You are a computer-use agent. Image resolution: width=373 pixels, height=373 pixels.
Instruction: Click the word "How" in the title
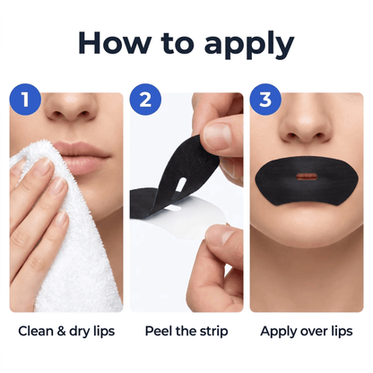tap(115, 43)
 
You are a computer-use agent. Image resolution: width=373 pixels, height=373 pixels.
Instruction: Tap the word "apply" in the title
tap(249, 45)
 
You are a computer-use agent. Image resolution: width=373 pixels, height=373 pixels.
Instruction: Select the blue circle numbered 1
tap(25, 100)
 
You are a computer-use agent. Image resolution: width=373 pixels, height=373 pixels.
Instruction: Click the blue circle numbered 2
tap(145, 100)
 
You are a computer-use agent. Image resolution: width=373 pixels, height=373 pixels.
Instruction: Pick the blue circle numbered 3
tap(265, 100)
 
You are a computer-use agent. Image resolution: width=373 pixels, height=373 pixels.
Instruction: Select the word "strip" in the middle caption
tap(213, 332)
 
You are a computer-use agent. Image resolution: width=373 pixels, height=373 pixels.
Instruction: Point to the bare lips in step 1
tap(82, 158)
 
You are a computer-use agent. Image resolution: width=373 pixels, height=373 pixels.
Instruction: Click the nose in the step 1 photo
tap(73, 108)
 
